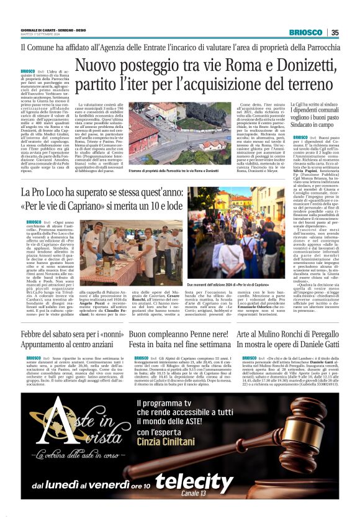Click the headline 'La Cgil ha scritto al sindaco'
pos(314,105)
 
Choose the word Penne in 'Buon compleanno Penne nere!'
pos(196,335)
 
